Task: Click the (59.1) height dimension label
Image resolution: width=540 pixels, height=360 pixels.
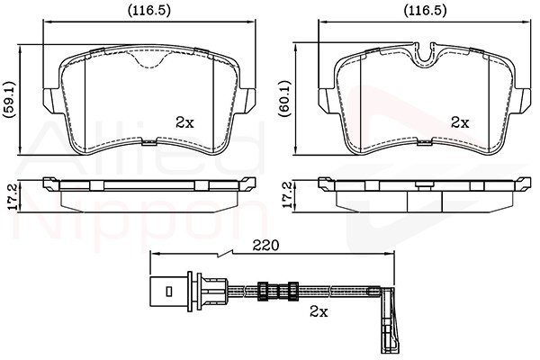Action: pos(10,100)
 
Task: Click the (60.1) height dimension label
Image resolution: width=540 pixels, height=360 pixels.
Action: pos(285,98)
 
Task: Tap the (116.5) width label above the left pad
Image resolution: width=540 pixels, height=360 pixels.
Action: pos(149,11)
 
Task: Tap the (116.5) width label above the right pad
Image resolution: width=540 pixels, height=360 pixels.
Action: pos(425,11)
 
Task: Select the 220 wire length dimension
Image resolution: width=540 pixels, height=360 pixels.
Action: pos(265,246)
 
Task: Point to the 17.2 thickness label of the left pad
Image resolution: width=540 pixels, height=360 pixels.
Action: pos(12,197)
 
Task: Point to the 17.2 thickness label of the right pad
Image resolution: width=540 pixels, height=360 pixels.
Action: pos(287,195)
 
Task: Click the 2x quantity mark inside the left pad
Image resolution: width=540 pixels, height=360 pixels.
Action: pos(184,122)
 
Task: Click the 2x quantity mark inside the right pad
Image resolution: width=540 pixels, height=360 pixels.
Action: pos(460,122)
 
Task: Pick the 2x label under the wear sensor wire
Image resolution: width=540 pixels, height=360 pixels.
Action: pos(319,311)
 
